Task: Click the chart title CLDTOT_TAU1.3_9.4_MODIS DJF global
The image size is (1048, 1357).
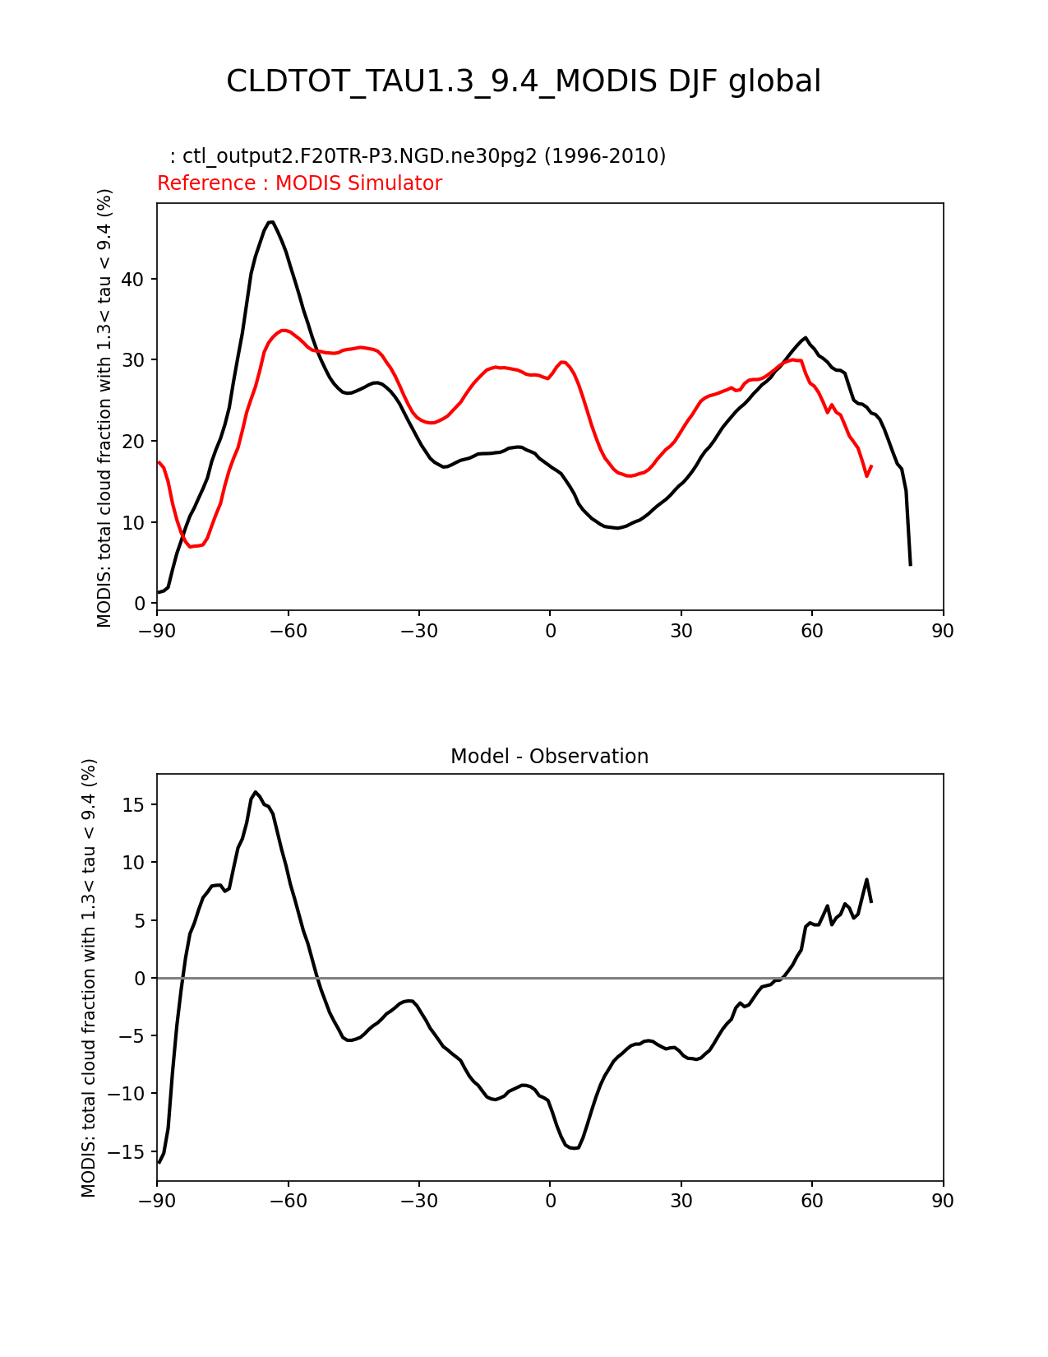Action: point(524,81)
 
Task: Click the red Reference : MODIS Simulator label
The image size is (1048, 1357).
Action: point(299,183)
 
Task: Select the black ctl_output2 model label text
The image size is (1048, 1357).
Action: point(418,156)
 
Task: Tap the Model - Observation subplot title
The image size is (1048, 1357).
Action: point(549,757)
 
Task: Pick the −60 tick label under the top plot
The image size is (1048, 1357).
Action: point(288,631)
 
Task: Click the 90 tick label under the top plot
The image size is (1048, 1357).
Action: point(943,631)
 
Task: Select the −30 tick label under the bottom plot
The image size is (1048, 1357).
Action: point(418,1201)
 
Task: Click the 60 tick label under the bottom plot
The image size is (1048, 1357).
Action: point(812,1201)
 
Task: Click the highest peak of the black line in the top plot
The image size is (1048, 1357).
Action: point(270,221)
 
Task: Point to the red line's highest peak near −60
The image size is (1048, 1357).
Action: point(283,331)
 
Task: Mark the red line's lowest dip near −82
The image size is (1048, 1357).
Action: point(191,547)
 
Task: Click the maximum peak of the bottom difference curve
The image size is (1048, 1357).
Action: point(256,792)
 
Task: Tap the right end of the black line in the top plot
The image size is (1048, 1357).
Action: point(910,564)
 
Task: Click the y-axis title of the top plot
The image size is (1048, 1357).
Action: point(104,407)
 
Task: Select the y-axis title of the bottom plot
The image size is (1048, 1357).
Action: point(89,977)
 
